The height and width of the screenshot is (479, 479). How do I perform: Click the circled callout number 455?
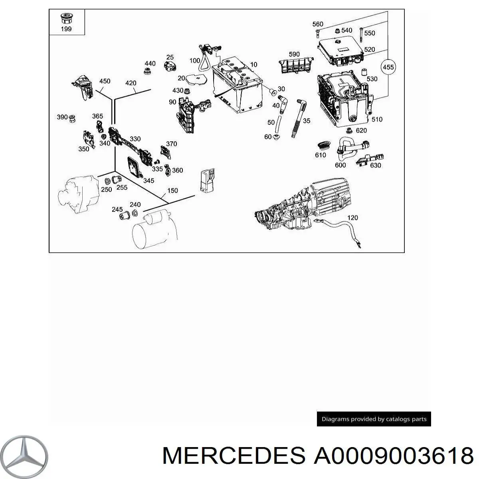click(388, 67)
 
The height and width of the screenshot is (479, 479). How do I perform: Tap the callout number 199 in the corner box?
click(66, 30)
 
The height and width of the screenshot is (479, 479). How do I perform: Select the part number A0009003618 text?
click(393, 455)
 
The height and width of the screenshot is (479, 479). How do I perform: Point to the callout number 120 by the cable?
click(353, 218)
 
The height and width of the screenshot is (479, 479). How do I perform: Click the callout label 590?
click(294, 54)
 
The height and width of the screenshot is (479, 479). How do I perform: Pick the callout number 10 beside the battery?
click(253, 65)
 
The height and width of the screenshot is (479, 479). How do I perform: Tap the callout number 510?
click(377, 119)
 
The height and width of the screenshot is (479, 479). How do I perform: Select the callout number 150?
click(172, 190)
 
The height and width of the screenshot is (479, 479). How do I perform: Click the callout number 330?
click(135, 139)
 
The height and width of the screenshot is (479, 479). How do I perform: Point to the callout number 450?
click(105, 81)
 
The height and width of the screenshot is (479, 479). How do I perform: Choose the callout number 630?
click(375, 165)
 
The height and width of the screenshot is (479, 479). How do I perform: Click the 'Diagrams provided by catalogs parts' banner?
click(374, 419)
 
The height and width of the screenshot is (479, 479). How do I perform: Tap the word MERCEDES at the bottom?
click(235, 455)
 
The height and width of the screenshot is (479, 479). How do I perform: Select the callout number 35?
click(306, 121)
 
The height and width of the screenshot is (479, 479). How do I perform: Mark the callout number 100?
click(195, 61)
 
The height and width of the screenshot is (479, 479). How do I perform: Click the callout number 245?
click(117, 209)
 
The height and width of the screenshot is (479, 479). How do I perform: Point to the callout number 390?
click(62, 117)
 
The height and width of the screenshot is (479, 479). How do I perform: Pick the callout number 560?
click(318, 24)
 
